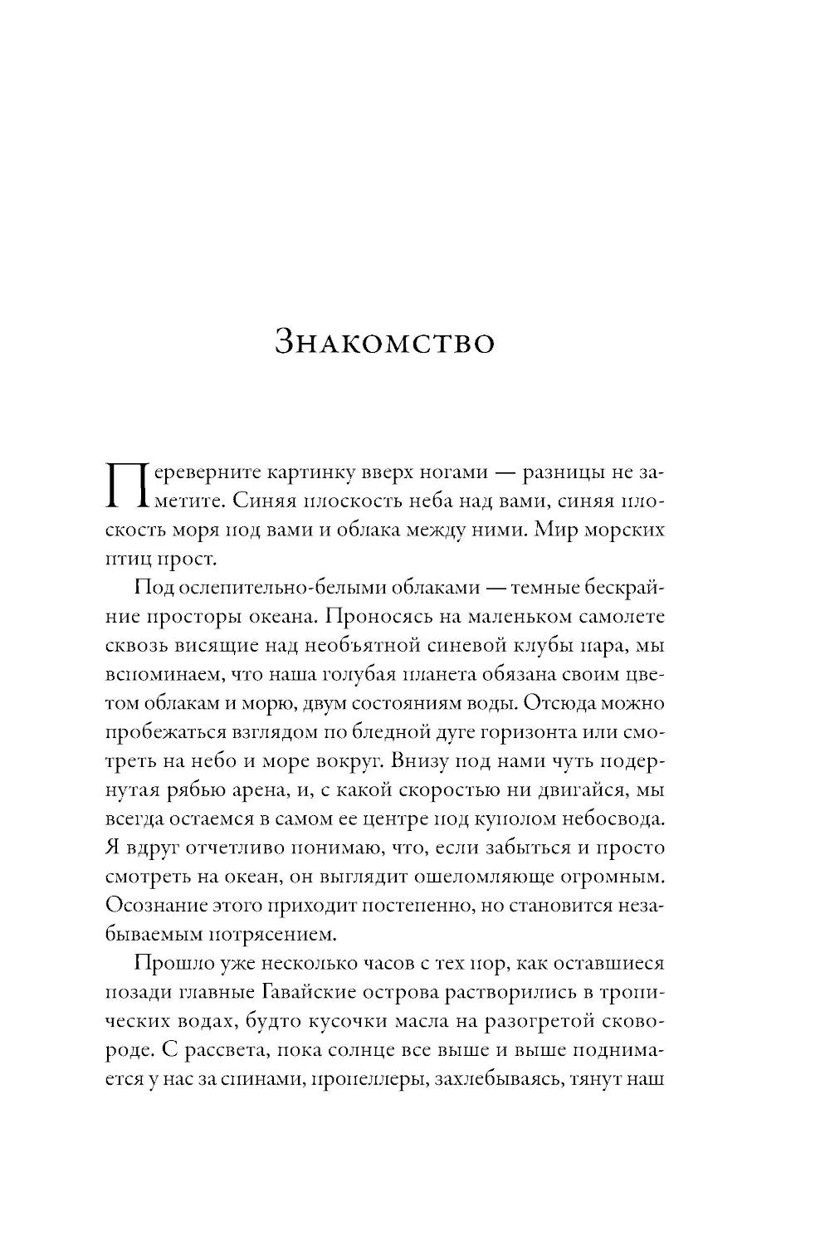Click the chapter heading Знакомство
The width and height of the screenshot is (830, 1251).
384,342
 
